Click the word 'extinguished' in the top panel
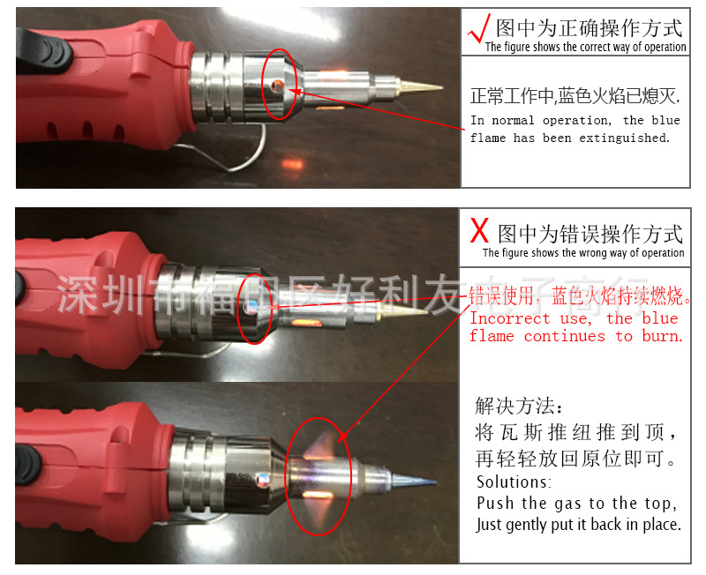pyautogui.click(x=624, y=138)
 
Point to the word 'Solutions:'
pyautogui.click(x=514, y=482)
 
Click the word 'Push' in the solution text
pyautogui.click(x=496, y=504)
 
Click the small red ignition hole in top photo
pyautogui.click(x=279, y=86)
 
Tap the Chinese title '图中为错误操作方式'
pyautogui.click(x=590, y=234)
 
